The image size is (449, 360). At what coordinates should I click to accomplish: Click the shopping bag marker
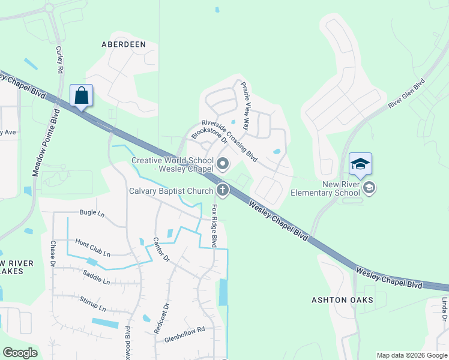82,96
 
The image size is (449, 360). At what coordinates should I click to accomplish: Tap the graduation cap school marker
360,164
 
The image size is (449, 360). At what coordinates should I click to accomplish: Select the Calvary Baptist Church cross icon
223,191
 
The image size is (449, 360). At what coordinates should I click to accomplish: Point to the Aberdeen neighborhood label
124,44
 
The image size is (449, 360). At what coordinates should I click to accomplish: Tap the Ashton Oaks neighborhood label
342,299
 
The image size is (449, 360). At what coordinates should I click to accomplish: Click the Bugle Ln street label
92,213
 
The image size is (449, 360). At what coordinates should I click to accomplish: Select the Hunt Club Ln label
92,248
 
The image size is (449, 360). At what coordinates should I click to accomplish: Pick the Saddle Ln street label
96,278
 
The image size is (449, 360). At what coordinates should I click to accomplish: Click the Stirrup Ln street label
94,306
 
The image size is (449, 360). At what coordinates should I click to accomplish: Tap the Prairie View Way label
245,107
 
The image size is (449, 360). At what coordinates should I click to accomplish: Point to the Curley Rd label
59,59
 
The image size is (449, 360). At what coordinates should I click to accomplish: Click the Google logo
20,353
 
